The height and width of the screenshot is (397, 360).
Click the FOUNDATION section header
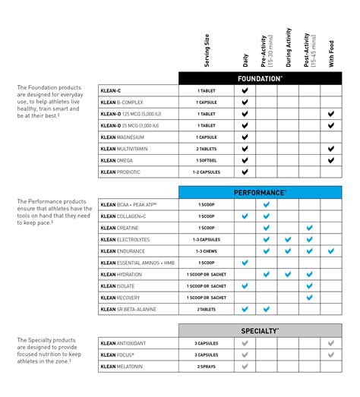260,78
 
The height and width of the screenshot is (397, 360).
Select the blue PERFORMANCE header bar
260,193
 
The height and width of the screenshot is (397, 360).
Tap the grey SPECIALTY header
260,331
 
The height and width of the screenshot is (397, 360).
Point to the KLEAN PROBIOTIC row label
122,172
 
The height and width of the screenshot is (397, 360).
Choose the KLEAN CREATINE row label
118,228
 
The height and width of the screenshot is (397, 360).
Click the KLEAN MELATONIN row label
122,367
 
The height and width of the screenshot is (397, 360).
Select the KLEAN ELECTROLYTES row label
125,239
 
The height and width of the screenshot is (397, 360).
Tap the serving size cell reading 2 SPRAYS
207,367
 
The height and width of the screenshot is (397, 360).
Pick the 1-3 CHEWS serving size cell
207,250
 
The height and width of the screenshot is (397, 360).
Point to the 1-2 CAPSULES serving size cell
207,172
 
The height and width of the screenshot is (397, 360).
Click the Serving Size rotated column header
207,49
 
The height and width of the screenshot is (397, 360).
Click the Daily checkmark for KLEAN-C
245,90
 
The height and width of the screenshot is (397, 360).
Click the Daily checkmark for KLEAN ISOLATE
245,286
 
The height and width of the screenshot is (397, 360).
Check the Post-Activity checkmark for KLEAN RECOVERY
309,298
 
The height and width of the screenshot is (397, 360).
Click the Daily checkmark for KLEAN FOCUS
245,354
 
